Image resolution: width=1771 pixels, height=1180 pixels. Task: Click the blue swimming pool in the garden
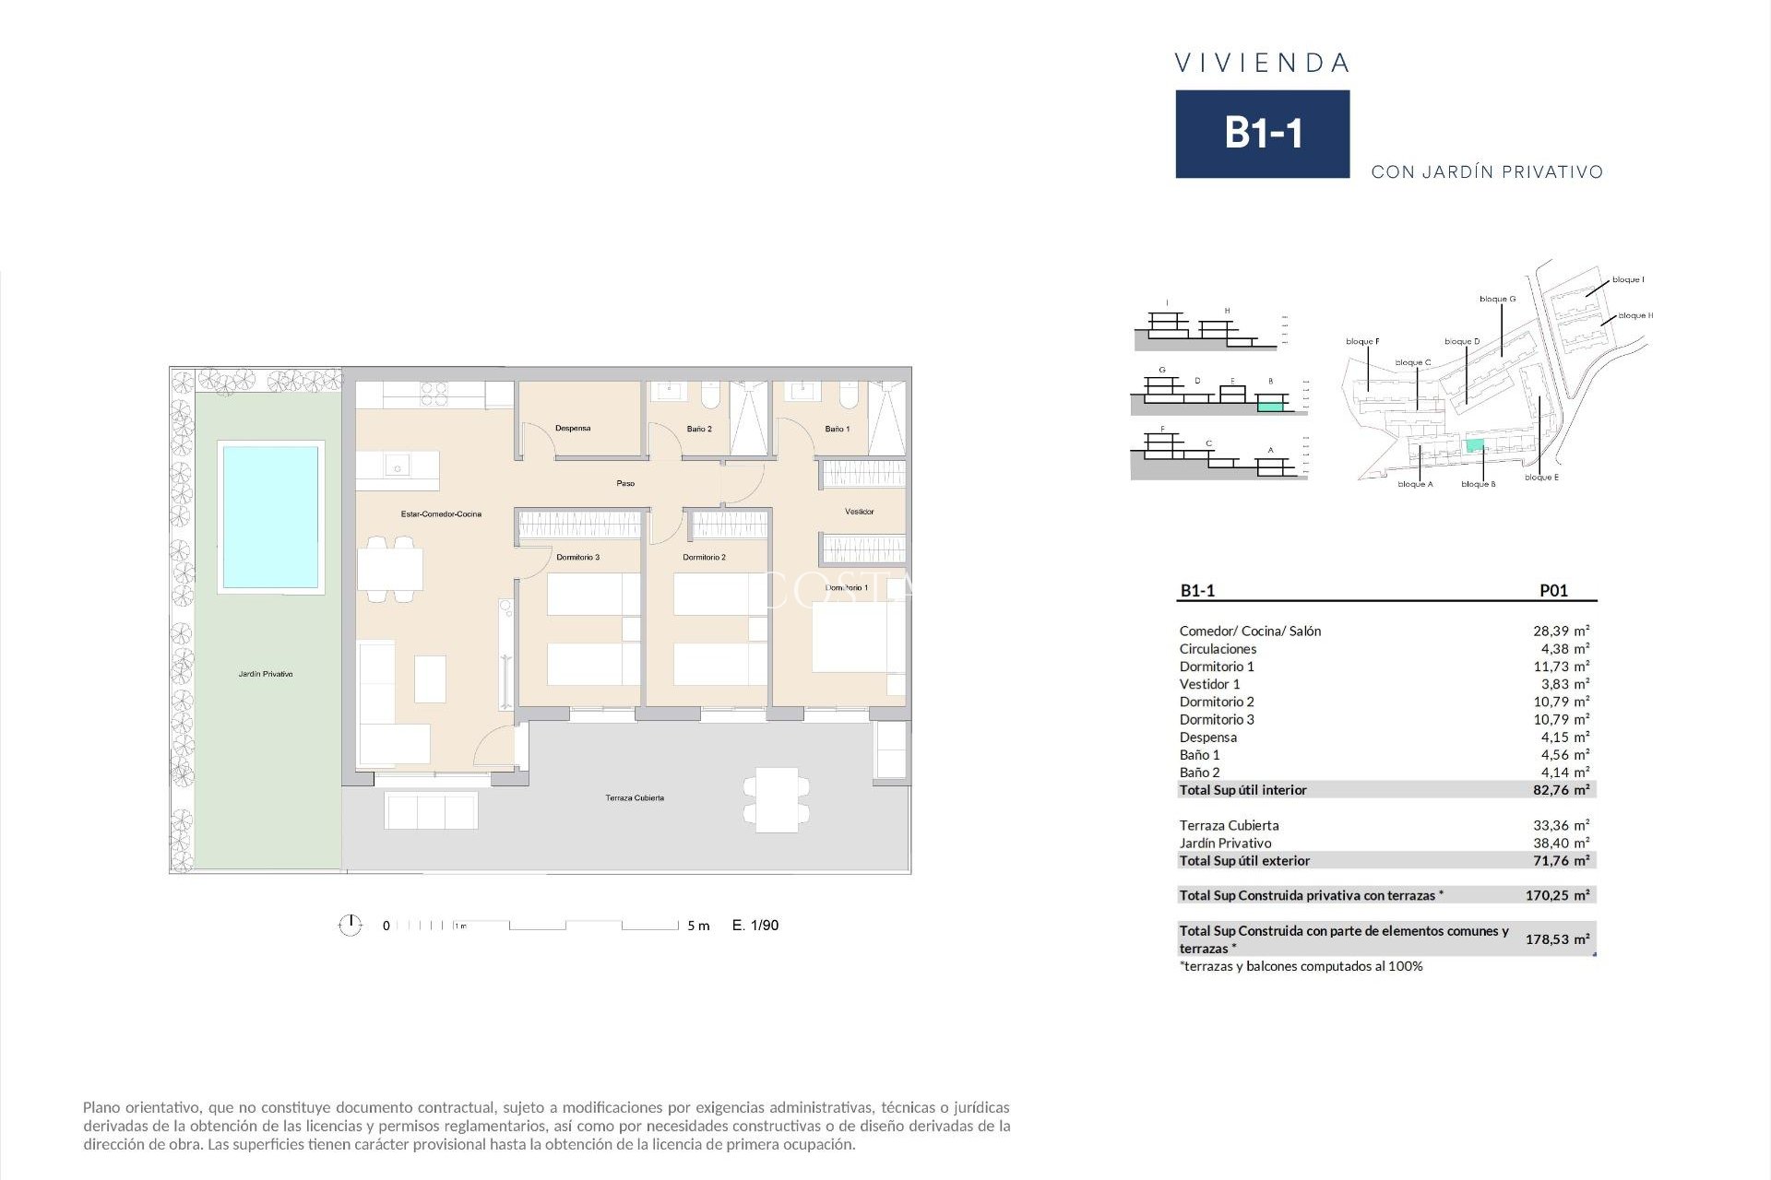269,516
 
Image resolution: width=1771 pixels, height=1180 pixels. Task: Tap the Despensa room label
573,429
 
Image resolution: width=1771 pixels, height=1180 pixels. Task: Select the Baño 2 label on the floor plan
699,430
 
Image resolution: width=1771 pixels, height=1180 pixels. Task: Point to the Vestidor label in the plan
859,512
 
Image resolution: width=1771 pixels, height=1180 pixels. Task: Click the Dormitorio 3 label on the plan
577,558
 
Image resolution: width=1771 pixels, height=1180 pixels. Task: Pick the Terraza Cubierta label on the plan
635,798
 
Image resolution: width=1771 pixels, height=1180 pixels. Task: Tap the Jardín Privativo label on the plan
266,675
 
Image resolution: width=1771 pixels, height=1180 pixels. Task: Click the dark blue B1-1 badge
1262,134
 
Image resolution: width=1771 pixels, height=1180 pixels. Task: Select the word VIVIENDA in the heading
1262,64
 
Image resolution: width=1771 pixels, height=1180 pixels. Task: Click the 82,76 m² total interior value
1561,790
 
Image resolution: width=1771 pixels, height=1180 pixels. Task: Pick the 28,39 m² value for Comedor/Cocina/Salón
1561,631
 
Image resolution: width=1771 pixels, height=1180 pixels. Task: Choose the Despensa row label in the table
1207,737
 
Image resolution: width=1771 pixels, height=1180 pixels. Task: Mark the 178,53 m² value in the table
1557,939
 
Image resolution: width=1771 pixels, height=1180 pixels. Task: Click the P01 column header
1553,591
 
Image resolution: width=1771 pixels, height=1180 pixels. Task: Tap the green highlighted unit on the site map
1475,446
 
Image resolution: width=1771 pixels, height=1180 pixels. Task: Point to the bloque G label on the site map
1497,300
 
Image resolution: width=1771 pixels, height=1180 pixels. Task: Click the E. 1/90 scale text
755,926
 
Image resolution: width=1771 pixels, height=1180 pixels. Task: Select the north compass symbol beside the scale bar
351,925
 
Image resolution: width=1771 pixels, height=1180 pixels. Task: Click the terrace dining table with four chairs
777,799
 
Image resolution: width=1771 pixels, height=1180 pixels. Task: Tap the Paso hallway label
625,484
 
